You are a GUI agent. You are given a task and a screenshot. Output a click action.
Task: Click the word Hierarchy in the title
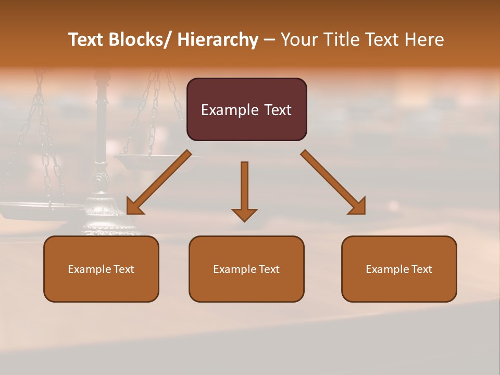[x=218, y=40]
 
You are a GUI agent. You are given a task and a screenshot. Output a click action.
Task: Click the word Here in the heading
[x=424, y=40]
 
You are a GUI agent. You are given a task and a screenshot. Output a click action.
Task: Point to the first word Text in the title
[x=87, y=40]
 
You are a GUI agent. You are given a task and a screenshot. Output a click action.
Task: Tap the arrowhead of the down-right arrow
[x=358, y=207]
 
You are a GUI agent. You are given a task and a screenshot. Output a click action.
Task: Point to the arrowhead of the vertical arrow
[x=244, y=215]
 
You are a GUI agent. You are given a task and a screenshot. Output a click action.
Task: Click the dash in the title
[x=269, y=40]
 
